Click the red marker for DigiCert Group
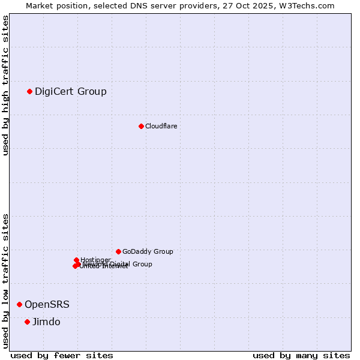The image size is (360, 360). click(29, 91)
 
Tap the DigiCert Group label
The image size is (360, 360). click(71, 91)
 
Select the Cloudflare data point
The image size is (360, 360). click(141, 126)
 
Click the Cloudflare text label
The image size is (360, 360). click(161, 126)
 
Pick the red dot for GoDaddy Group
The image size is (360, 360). click(118, 251)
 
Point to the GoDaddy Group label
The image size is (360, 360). click(148, 251)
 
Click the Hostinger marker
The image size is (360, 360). click(76, 260)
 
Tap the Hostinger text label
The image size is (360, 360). click(95, 260)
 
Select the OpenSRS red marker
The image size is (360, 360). click(19, 304)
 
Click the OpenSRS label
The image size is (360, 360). click(47, 304)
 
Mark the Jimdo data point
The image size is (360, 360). click(27, 322)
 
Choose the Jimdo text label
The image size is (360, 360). click(46, 322)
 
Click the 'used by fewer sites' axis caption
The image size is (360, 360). click(62, 355)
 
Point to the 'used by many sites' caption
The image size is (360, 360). click(301, 355)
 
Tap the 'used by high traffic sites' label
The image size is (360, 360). click(5, 85)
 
